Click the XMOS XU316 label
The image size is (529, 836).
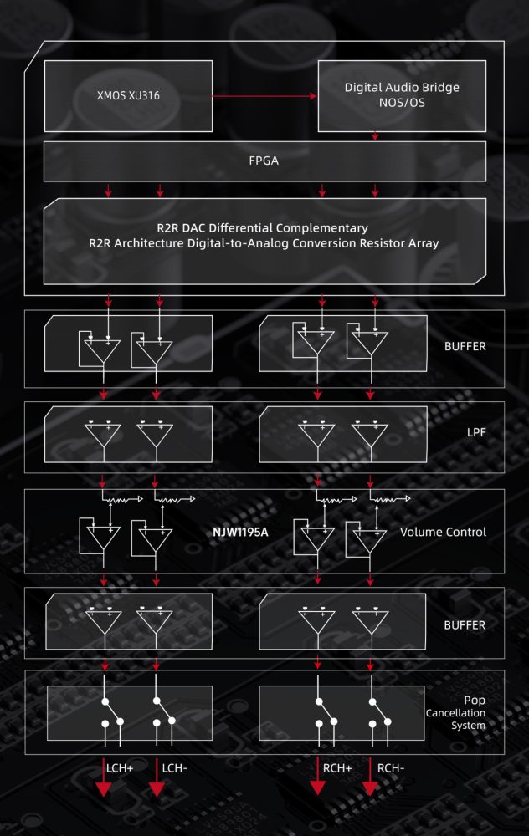128,95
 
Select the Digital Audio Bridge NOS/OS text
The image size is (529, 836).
402,95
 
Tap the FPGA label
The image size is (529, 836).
264,161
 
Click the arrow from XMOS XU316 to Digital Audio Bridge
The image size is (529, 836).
264,96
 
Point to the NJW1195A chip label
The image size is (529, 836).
240,532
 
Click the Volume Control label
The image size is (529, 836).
443,532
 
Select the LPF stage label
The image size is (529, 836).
476,432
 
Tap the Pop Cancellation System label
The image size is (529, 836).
456,712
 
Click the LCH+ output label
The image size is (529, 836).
120,768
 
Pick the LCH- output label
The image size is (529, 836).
175,768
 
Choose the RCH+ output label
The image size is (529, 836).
337,768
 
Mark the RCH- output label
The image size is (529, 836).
391,768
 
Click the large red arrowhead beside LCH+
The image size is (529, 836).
103,788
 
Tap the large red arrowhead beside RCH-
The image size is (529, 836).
370,788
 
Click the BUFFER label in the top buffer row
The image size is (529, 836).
465,346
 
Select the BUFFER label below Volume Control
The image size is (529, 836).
465,624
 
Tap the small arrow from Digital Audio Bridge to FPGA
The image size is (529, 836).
375,136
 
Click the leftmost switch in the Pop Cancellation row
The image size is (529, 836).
112,712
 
